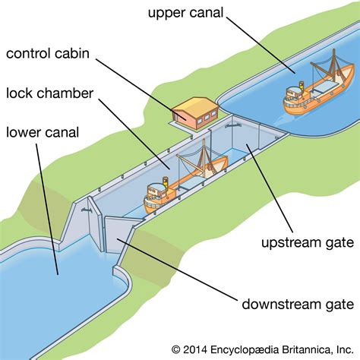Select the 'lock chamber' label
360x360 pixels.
50,93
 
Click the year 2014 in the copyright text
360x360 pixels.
198,349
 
